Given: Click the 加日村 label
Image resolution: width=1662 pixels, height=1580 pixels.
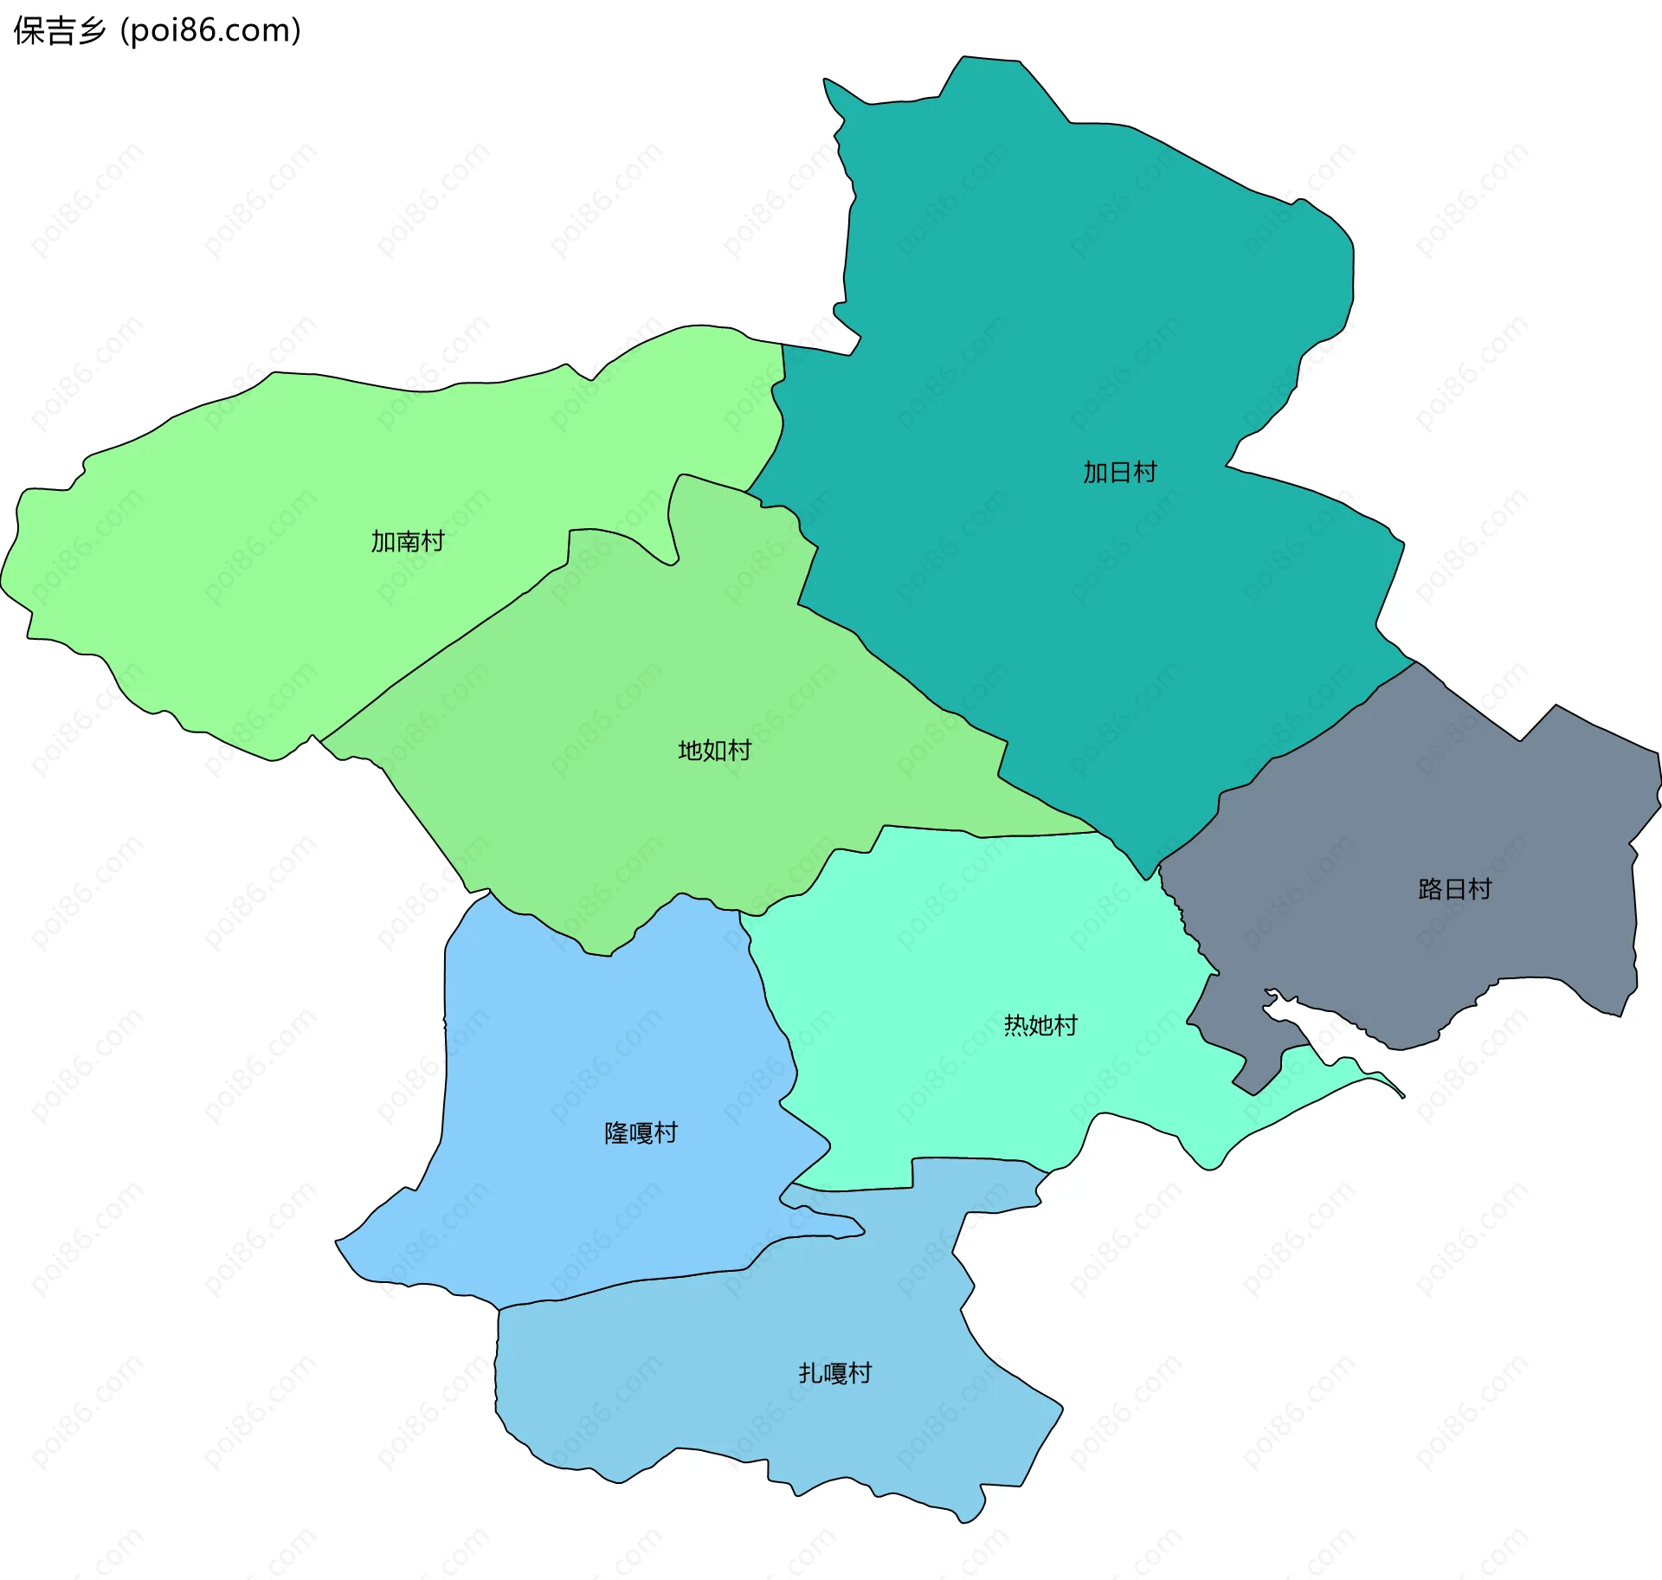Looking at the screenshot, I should click(1119, 473).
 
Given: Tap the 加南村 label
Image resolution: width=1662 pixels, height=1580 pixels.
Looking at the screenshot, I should click(408, 542).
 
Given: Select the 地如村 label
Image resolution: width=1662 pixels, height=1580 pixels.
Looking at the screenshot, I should click(714, 751).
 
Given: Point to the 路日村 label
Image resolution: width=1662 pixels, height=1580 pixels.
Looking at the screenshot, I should click(1454, 890).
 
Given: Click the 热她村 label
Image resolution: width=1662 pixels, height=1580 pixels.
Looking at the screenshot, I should click(1040, 1026).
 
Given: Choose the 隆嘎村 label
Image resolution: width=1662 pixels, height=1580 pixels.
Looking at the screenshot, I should click(641, 1133).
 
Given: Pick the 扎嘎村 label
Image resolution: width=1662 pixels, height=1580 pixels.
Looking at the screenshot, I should click(834, 1373).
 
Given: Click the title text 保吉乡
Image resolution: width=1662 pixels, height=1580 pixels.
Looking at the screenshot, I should click(59, 31).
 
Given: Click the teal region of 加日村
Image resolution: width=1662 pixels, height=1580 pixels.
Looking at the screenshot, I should click(1082, 303).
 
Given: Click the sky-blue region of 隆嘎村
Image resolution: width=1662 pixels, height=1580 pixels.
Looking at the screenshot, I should click(563, 1082).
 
